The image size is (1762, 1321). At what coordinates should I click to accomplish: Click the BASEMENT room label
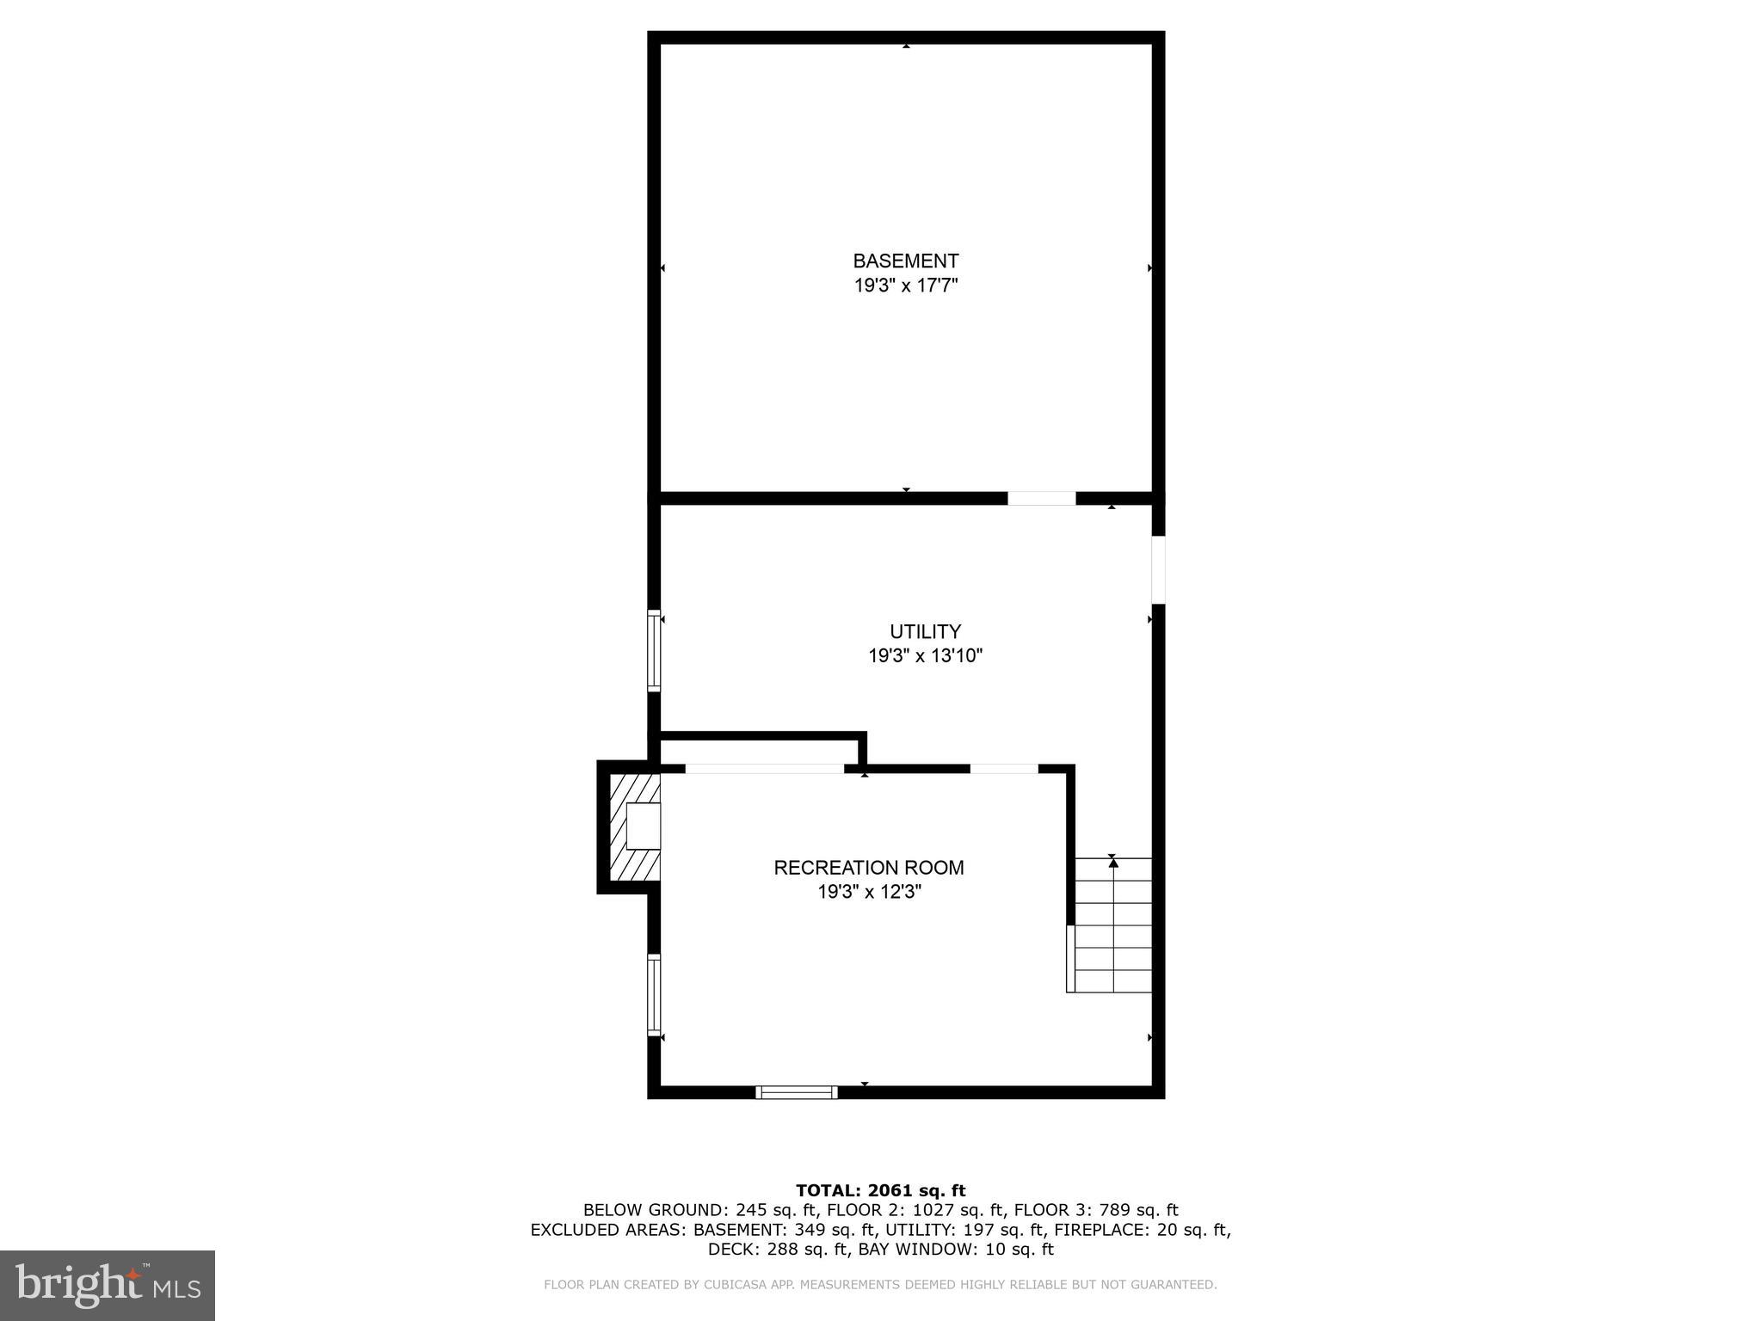coord(905,261)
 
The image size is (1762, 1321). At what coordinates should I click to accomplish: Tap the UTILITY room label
coord(925,631)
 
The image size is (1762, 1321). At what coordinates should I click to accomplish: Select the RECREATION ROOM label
coord(868,868)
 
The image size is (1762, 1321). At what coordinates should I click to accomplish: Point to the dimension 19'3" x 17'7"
coord(905,286)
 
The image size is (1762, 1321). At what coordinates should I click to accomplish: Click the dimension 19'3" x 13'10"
coord(925,656)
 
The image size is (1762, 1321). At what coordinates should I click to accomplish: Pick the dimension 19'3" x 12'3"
coord(868,893)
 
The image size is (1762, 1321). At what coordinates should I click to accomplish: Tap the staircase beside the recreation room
coord(1113,925)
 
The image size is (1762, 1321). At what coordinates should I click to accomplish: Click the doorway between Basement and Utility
coord(1041,498)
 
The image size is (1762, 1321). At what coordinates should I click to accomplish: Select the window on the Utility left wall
coord(654,650)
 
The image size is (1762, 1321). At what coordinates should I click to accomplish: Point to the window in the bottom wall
coord(796,1092)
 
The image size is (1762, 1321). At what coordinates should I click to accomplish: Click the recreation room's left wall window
coord(654,995)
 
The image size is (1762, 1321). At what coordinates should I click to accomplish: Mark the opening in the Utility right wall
coord(1158,569)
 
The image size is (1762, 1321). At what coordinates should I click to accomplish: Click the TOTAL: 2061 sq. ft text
coord(880,1191)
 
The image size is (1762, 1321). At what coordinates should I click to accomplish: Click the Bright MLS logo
coord(108,1285)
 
